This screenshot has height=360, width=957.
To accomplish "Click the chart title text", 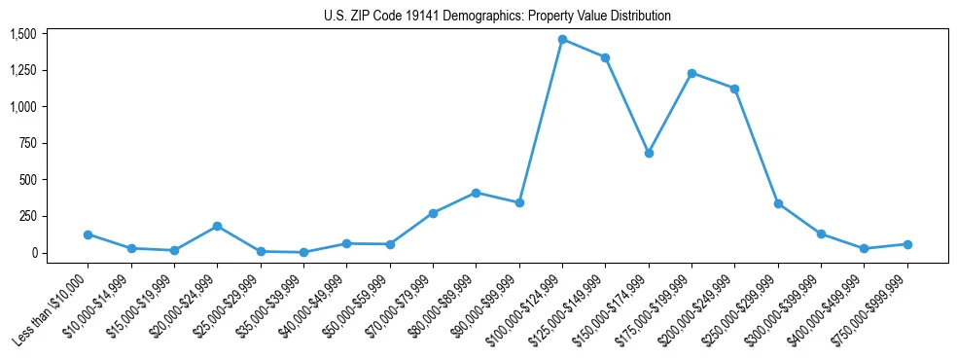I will tap(497, 17).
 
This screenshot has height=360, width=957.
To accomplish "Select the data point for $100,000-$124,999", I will tap(562, 39).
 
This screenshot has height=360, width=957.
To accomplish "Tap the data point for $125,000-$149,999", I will tap(605, 57).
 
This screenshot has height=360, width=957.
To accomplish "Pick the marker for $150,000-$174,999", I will tap(649, 153).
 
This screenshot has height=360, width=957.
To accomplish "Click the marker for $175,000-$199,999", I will tap(691, 73).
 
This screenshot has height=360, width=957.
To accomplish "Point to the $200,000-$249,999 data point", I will tap(734, 89).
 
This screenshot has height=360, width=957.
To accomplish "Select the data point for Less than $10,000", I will tap(88, 234).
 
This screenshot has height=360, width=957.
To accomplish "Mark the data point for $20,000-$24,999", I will tap(217, 226).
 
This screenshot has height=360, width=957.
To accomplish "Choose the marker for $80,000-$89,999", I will tap(476, 193).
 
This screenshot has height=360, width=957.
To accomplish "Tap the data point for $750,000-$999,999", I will tap(907, 244).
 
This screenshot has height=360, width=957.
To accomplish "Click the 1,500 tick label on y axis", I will tap(22, 34).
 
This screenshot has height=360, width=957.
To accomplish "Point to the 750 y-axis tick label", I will tap(28, 143).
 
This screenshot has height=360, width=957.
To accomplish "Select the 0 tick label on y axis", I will tap(33, 253).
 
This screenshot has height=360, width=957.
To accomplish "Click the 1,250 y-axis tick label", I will tap(22, 70).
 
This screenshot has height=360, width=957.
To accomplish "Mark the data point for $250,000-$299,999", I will tap(778, 203).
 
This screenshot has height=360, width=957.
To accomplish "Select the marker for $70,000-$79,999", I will tap(433, 213).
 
